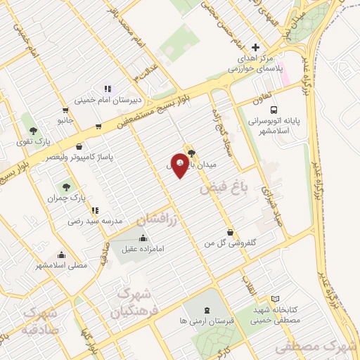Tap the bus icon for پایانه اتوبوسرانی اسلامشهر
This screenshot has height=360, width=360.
pos(274,110)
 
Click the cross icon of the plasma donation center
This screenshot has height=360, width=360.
pos(255,48)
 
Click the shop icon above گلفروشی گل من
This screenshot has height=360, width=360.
pos(230,232)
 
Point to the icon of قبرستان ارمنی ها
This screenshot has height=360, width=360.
pos(206,310)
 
